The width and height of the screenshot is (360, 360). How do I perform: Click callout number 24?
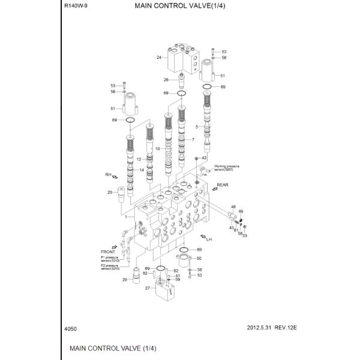pos(159,58)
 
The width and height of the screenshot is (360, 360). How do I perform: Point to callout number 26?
pos(166,80)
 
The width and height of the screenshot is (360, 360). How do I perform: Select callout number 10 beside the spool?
pos(158,148)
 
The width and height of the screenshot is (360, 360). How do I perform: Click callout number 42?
pos(204,158)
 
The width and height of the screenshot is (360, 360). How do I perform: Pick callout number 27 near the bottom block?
pos(147,288)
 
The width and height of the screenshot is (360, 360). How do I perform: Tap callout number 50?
pos(199,258)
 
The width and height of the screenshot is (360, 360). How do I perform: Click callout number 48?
pos(233,207)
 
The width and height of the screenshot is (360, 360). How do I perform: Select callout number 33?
pos(245,235)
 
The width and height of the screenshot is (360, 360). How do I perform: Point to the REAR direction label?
pos(223,185)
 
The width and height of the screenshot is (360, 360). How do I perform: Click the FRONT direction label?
pos(108,252)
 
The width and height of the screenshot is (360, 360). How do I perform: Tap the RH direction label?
pos(109,175)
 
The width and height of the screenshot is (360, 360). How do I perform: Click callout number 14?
pos(142,170)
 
